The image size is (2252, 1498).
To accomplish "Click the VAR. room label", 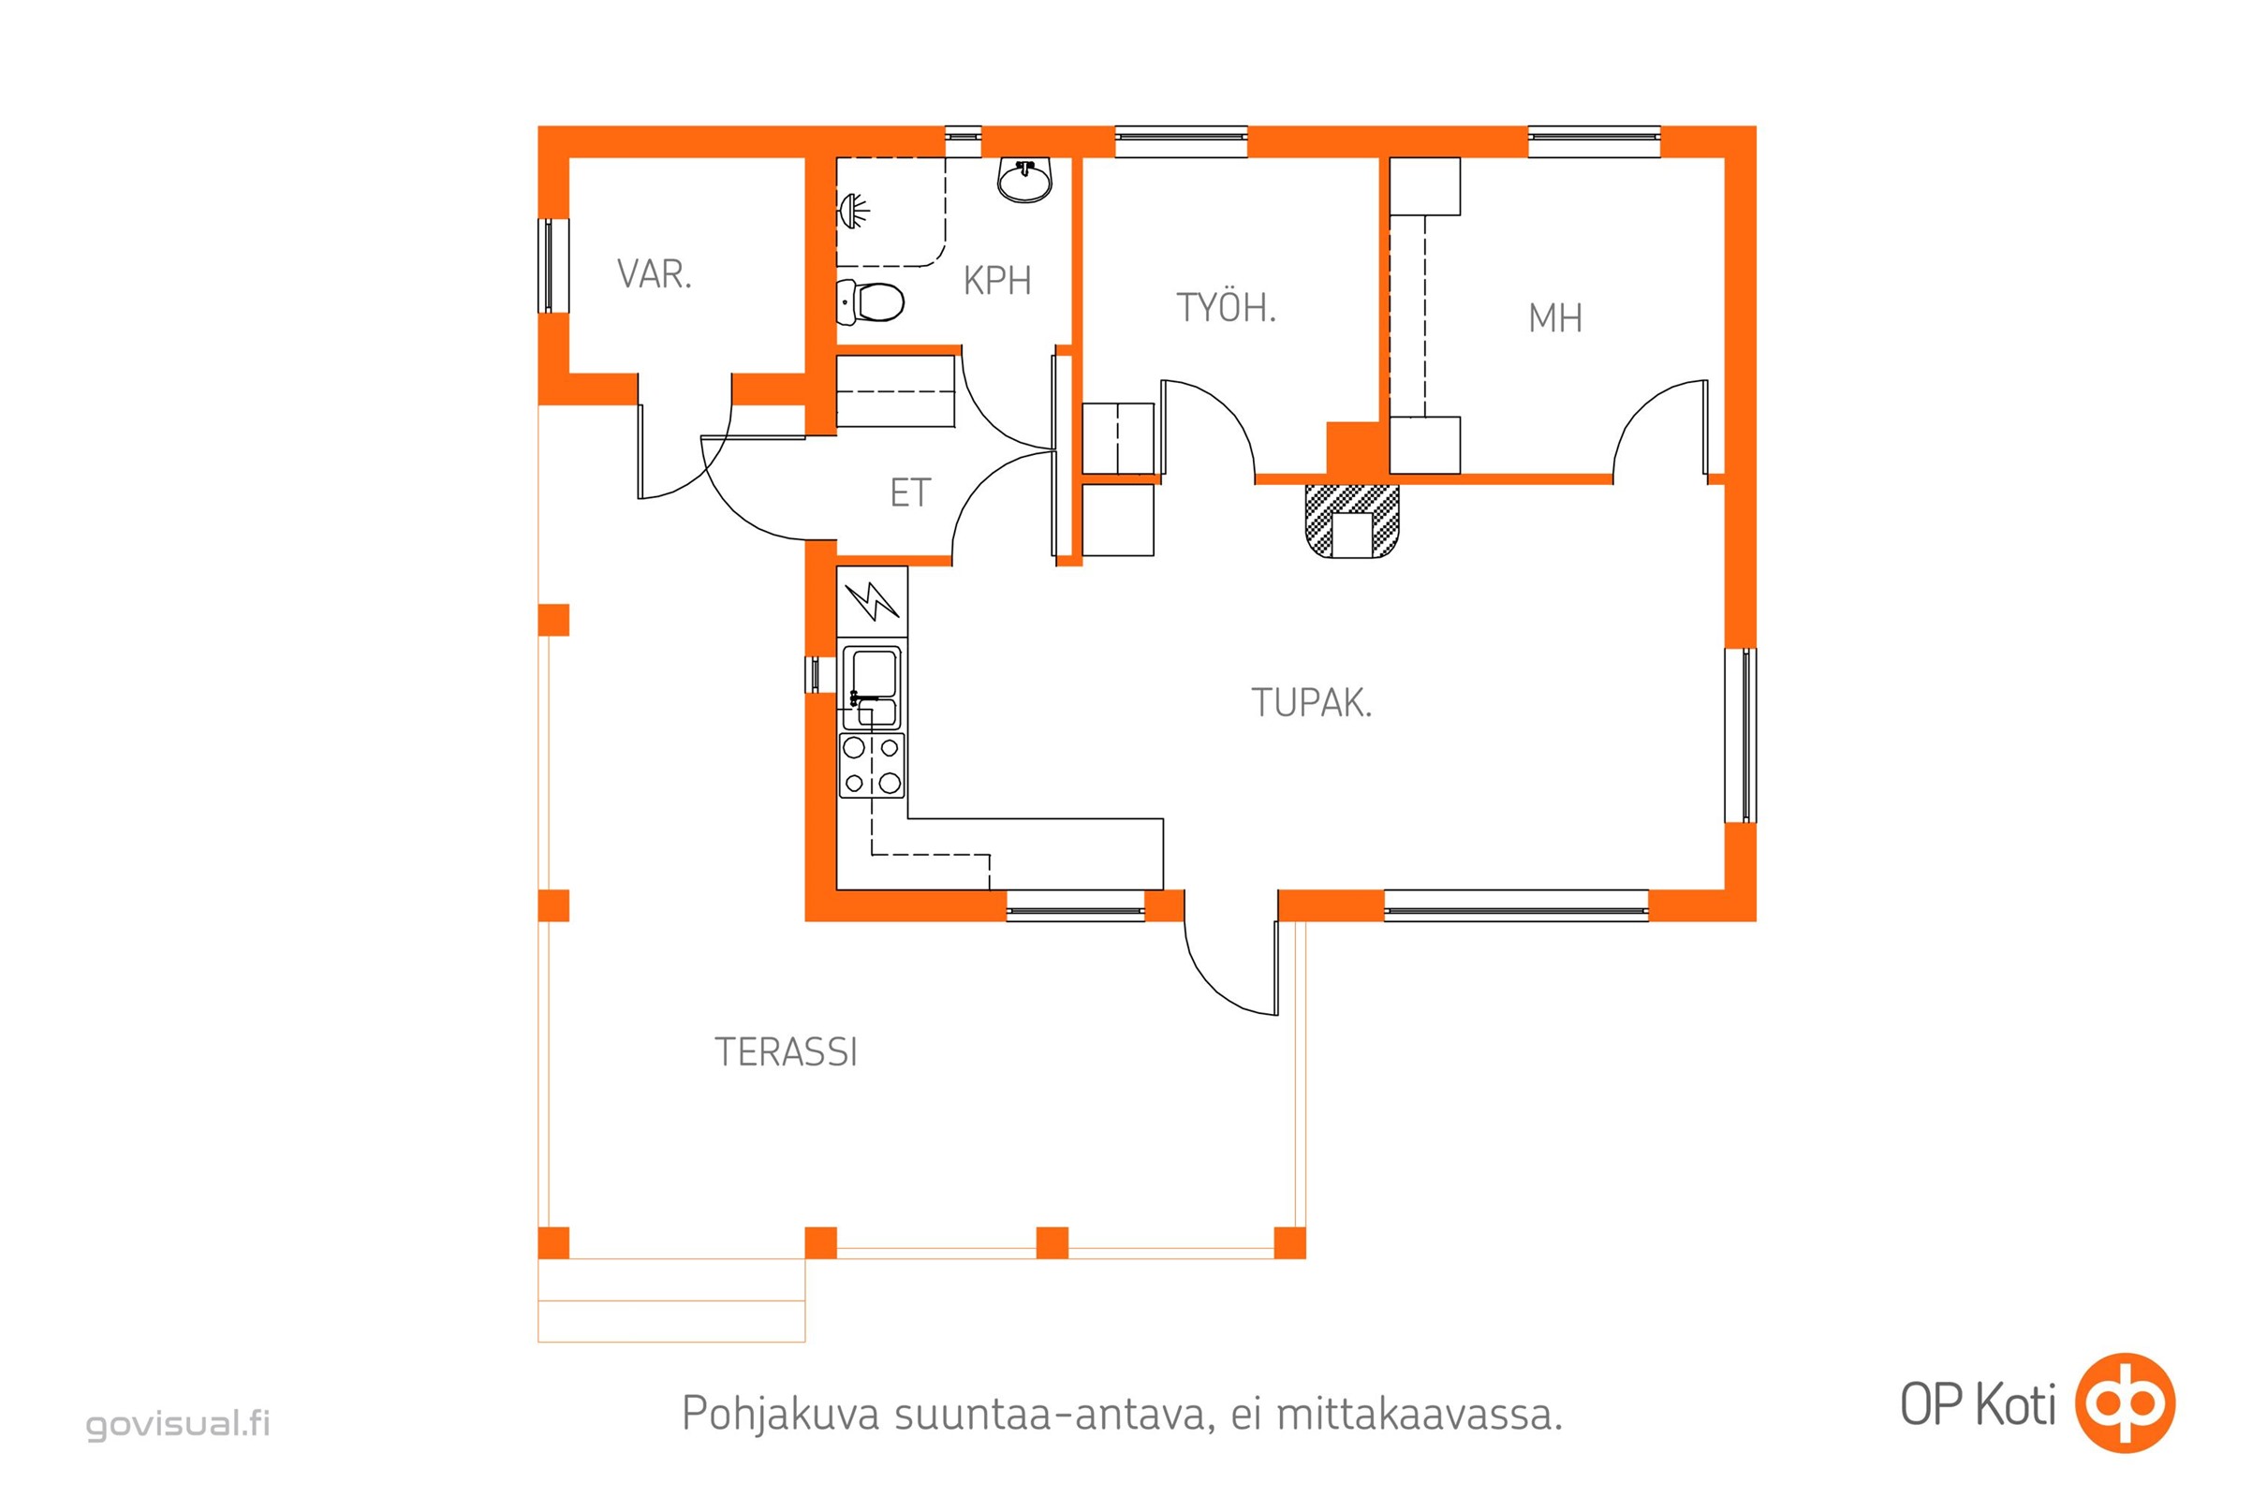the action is pyautogui.click(x=654, y=274).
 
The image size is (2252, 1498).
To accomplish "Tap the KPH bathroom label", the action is pyautogui.click(x=996, y=281).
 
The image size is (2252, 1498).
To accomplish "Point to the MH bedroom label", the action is pyautogui.click(x=1554, y=318).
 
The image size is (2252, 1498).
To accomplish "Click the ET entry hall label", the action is pyautogui.click(x=909, y=493).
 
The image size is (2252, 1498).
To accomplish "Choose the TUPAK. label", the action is pyautogui.click(x=1311, y=702).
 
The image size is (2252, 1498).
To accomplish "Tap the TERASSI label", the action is pyautogui.click(x=786, y=1051).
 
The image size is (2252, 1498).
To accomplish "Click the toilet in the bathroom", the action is pyautogui.click(x=870, y=301).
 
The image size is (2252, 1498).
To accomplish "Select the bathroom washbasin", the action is pyautogui.click(x=1025, y=180).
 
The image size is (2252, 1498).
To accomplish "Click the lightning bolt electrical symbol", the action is pyautogui.click(x=872, y=600).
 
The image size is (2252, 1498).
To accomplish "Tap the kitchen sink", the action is pyautogui.click(x=871, y=688).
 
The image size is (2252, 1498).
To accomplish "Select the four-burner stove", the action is pyautogui.click(x=872, y=765).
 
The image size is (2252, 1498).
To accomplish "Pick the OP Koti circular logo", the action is pyautogui.click(x=2125, y=1403).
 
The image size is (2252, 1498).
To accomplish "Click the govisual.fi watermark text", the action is pyautogui.click(x=179, y=1423).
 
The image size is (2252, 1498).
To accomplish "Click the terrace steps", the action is pyautogui.click(x=670, y=1300).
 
